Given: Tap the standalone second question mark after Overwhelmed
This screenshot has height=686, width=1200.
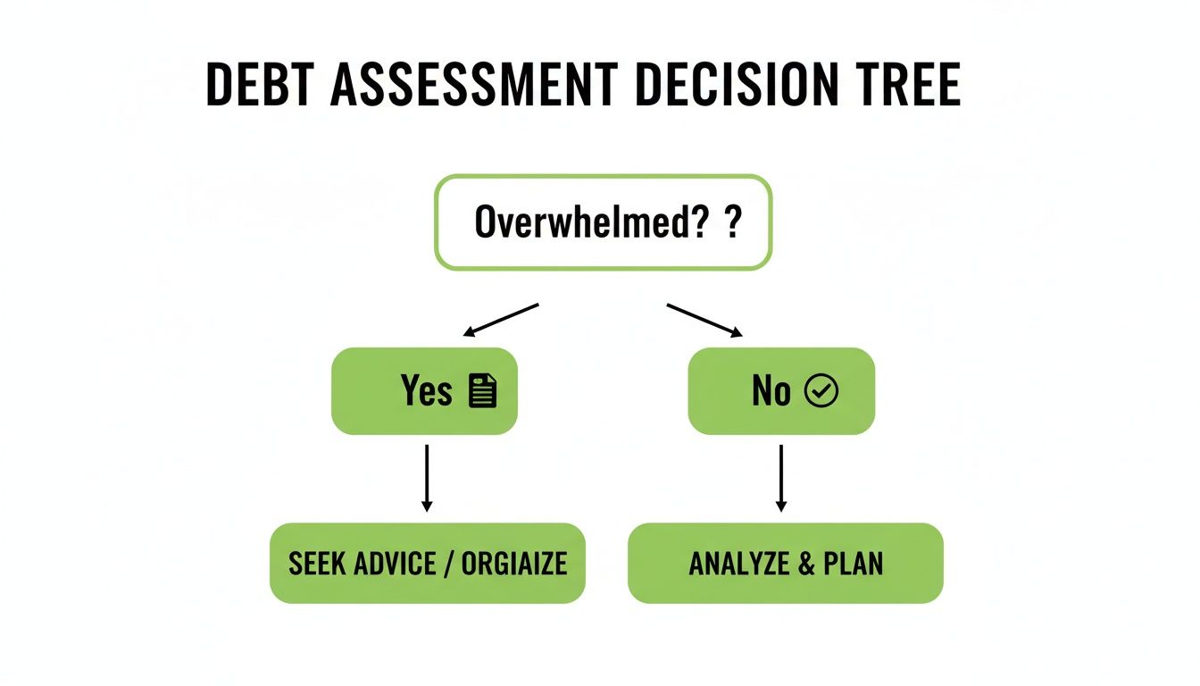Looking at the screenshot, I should pyautogui.click(x=733, y=222).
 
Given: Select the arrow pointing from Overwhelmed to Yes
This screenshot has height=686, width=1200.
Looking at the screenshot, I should pyautogui.click(x=501, y=320).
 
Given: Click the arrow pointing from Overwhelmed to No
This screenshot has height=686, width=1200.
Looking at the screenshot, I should pyautogui.click(x=704, y=320).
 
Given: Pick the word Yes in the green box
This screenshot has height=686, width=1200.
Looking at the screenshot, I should pyautogui.click(x=427, y=391).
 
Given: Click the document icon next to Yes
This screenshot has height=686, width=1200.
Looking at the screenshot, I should pyautogui.click(x=482, y=391).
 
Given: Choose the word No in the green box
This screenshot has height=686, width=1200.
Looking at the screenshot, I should pyautogui.click(x=771, y=391).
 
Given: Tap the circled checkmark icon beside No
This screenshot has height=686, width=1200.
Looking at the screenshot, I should pyautogui.click(x=821, y=391).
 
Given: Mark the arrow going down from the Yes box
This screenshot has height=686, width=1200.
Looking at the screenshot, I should pyautogui.click(x=427, y=478).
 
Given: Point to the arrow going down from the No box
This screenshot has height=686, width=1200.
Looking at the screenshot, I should pyautogui.click(x=781, y=478).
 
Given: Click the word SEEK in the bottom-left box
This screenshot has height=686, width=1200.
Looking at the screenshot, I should pyautogui.click(x=318, y=564).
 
